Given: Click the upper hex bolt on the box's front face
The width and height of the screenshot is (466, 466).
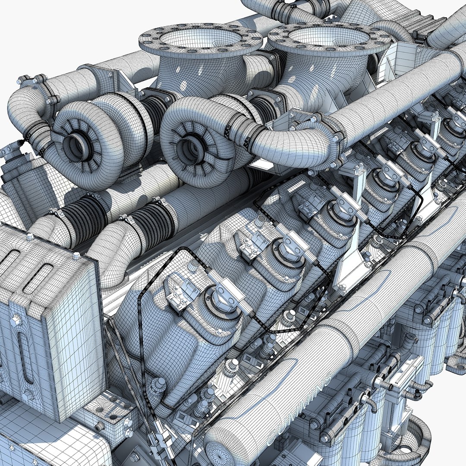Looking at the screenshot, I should point(16,320).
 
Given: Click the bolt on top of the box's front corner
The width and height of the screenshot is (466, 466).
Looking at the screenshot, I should point(77,255).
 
